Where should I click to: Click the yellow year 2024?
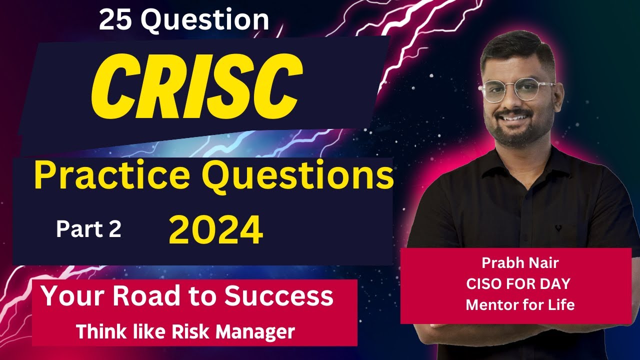pyautogui.click(x=216, y=230)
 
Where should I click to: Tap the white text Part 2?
pyautogui.click(x=88, y=229)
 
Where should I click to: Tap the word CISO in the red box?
pyautogui.click(x=484, y=283)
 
